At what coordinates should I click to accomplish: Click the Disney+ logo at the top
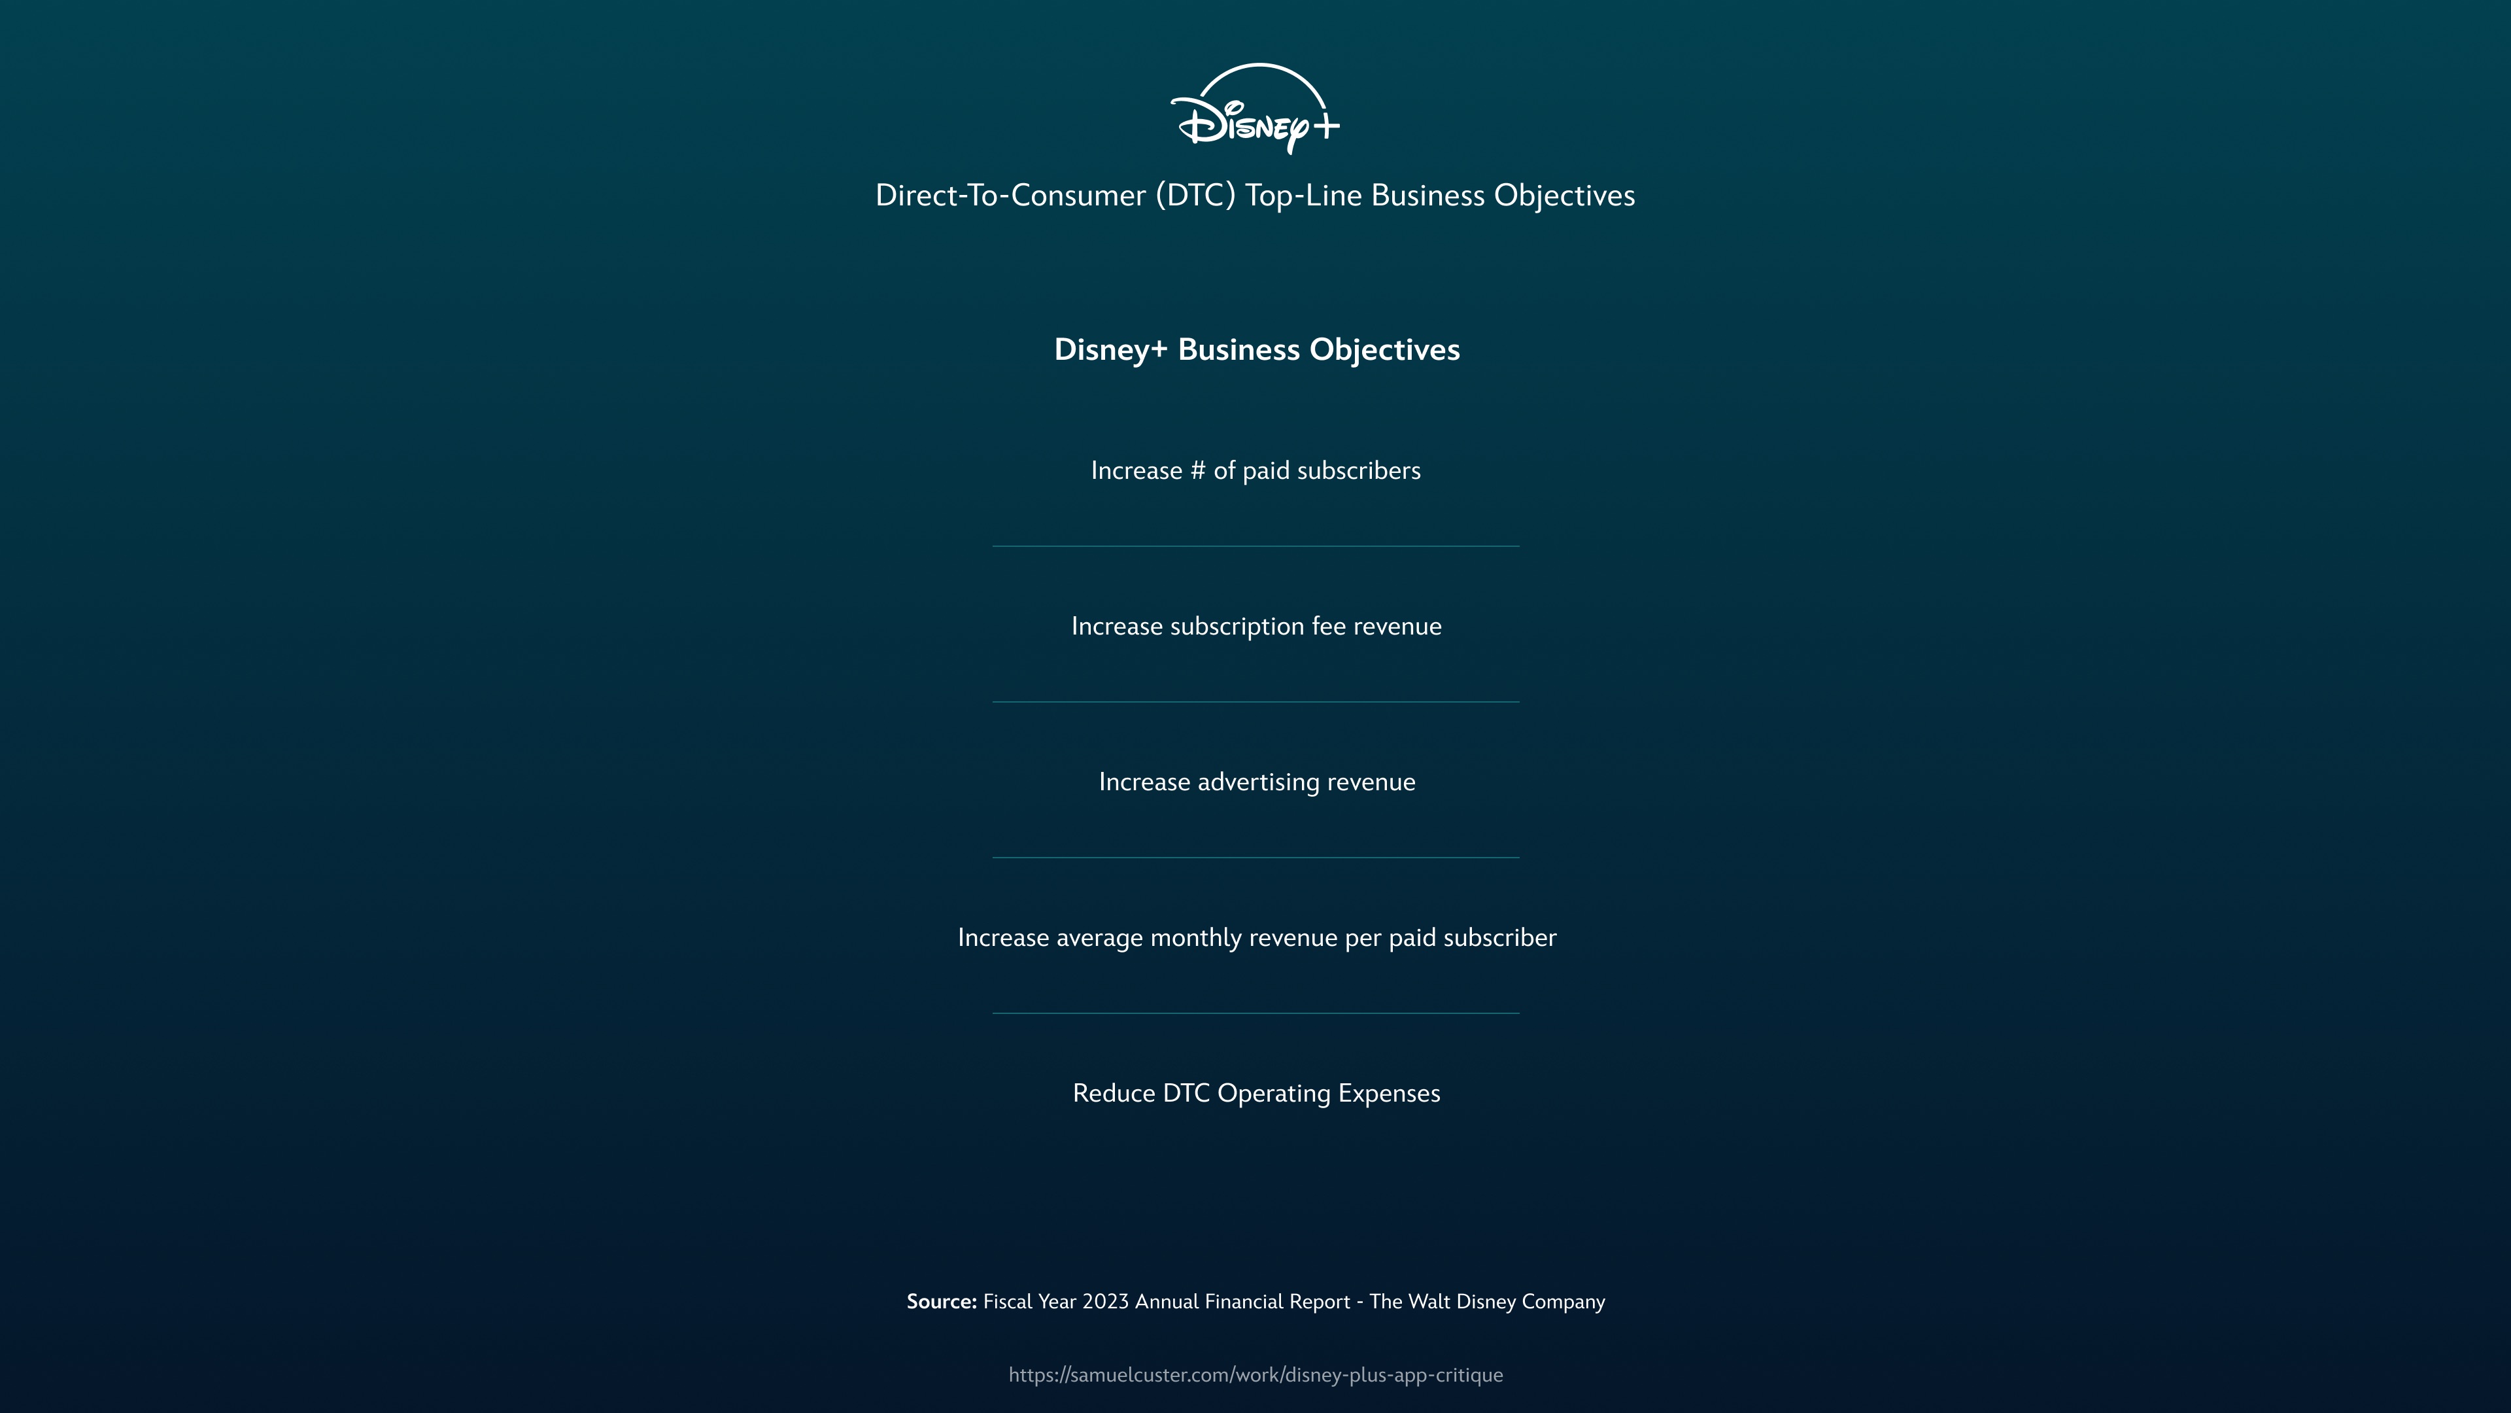[x=1255, y=109]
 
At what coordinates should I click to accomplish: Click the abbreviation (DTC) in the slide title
[x=1195, y=195]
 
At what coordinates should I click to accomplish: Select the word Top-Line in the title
[x=1303, y=195]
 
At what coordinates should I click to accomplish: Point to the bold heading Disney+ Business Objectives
[x=1256, y=349]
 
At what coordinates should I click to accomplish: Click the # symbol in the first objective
[x=1197, y=471]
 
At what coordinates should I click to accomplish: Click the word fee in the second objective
[x=1329, y=626]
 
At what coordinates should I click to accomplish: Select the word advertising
[x=1257, y=782]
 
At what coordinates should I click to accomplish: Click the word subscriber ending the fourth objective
[x=1499, y=938]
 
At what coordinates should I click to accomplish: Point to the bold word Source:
[x=941, y=1302]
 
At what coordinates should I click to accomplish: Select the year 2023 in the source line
[x=1105, y=1302]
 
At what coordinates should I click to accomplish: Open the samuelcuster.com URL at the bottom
[x=1255, y=1375]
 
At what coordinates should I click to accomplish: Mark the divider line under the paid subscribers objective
[x=1255, y=546]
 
